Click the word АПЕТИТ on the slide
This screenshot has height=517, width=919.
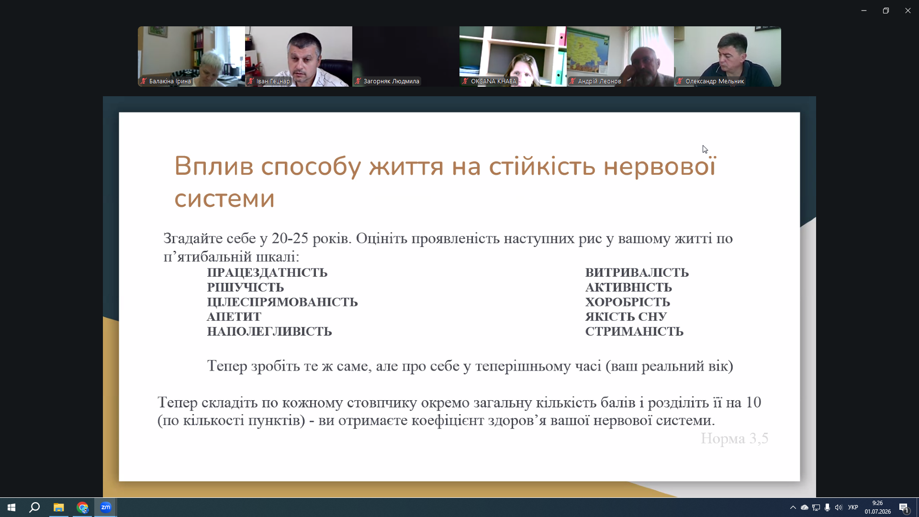point(234,317)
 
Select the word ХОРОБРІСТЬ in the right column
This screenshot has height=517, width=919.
point(628,302)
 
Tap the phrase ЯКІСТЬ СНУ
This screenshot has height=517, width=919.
point(626,317)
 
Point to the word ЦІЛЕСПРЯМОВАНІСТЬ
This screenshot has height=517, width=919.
point(282,302)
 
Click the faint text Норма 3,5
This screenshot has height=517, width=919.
point(735,438)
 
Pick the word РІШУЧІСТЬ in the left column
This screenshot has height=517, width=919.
point(246,287)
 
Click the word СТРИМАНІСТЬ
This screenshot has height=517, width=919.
point(634,332)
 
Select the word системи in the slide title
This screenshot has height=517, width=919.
point(224,199)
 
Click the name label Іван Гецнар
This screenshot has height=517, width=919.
point(273,81)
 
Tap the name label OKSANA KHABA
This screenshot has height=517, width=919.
point(493,81)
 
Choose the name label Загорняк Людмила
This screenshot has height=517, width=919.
point(392,81)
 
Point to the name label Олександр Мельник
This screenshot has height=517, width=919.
point(715,81)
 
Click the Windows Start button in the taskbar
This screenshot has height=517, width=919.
point(11,507)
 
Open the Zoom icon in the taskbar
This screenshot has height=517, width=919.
point(106,507)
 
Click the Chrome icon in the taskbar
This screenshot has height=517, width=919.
point(82,507)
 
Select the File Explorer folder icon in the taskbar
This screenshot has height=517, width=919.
point(58,507)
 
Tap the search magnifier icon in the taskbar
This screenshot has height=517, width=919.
point(34,507)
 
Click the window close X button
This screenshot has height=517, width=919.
point(908,11)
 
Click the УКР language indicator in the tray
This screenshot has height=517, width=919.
point(853,507)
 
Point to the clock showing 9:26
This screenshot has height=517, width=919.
point(877,503)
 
